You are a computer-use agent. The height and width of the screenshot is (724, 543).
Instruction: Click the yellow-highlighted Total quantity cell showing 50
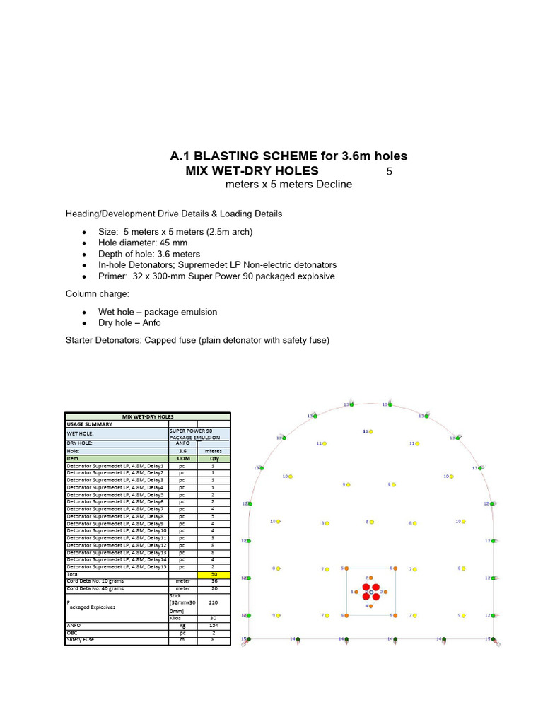[214, 574]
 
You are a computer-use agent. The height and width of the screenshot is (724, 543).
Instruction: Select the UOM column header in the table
[182, 458]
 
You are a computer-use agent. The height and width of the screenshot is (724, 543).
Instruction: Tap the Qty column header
[214, 458]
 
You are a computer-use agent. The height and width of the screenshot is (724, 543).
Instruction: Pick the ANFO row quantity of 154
[214, 625]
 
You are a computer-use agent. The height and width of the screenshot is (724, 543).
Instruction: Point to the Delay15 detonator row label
[115, 567]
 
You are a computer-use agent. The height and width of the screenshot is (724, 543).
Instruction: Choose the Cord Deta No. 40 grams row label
[94, 588]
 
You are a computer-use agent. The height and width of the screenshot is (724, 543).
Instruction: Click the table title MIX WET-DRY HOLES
[148, 416]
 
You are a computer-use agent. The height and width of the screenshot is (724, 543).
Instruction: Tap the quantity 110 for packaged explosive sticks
[214, 602]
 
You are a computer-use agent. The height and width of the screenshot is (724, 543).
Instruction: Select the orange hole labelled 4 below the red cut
[371, 606]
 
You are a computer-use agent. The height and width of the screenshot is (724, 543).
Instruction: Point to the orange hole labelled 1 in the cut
[356, 592]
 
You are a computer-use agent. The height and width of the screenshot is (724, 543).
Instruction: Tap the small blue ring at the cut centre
[370, 592]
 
